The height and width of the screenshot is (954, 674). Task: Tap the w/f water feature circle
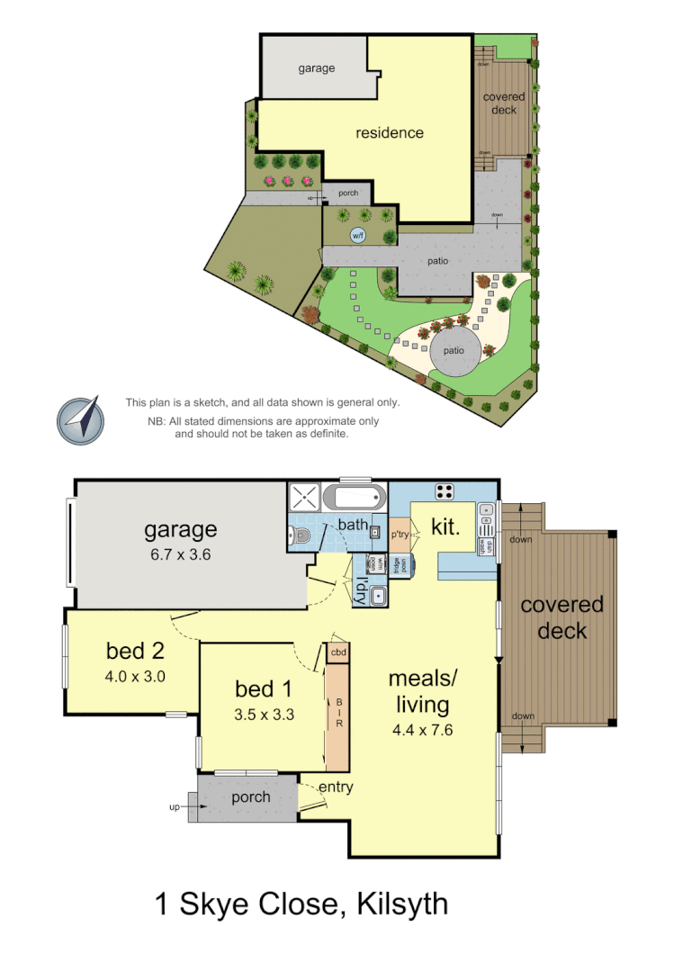(357, 236)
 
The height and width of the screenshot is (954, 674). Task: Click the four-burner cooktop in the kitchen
(444, 492)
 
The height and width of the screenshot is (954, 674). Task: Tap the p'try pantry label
(400, 535)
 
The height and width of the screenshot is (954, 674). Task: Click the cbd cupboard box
(338, 652)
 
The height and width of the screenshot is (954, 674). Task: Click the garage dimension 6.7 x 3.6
(180, 555)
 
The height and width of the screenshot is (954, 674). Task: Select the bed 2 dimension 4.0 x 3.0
(136, 676)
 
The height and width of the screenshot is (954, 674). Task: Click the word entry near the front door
(335, 787)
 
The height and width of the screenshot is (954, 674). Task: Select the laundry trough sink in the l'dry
(380, 593)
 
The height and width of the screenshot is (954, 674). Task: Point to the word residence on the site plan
(389, 133)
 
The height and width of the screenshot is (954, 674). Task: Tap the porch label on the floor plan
(251, 798)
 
